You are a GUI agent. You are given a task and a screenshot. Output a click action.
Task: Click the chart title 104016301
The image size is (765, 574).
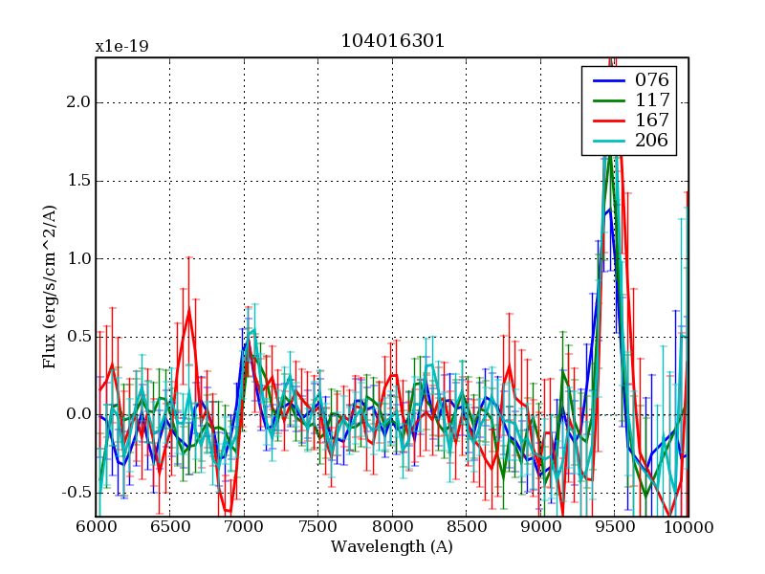(392, 42)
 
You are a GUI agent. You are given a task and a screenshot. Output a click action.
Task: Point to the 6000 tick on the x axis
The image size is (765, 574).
(96, 527)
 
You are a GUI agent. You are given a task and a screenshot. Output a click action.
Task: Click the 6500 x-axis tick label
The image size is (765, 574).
(169, 527)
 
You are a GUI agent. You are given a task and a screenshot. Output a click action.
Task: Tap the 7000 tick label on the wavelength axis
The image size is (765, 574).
(244, 527)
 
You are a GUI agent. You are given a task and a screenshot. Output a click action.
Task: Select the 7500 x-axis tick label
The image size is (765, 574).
(317, 527)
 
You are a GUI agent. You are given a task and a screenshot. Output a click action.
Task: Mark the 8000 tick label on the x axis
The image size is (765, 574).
(392, 527)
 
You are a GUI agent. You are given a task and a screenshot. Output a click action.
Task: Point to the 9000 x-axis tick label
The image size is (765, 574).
(540, 527)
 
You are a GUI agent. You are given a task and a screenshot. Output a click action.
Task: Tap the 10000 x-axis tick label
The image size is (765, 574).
(687, 527)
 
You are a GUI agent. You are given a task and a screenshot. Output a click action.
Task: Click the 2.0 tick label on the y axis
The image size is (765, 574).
(78, 102)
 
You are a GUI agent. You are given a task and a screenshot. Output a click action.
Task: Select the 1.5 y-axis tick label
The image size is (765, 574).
(78, 181)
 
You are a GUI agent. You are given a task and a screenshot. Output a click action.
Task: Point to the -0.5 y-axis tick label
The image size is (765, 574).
(75, 493)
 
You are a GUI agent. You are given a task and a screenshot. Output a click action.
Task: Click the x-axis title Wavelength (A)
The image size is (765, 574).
(392, 547)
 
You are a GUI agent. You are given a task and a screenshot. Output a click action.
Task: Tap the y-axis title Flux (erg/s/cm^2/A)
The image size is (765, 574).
(50, 287)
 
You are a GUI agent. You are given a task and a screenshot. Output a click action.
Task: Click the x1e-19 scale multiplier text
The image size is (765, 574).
(121, 46)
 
